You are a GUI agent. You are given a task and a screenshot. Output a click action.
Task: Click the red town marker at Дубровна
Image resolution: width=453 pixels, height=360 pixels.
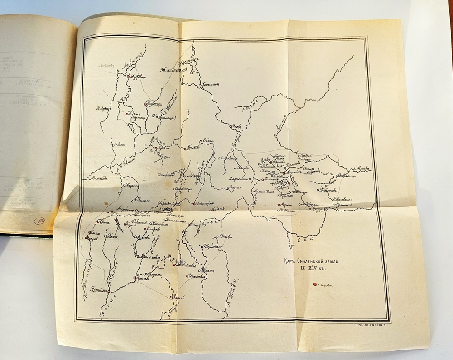128,77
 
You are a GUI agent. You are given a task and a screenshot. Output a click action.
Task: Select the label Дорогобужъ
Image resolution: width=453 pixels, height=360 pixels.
205,203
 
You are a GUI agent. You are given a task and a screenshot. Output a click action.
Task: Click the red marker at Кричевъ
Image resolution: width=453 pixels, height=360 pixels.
135,278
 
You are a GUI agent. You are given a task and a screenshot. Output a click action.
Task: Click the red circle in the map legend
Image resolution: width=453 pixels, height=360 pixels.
314,285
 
